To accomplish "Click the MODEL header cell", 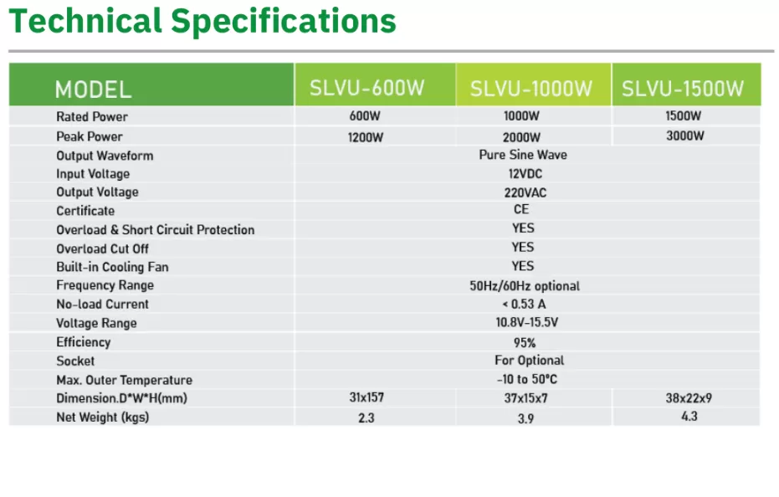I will click(93, 90).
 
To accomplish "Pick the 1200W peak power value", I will click(366, 137).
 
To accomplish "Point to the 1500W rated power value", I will click(684, 116).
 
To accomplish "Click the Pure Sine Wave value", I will click(523, 155).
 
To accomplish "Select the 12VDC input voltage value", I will click(523, 173).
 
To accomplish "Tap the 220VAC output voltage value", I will click(523, 192).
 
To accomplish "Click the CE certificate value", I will click(521, 210).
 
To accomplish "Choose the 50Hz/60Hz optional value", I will click(525, 285).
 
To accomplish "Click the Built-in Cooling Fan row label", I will click(112, 267).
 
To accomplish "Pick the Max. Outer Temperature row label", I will click(124, 380).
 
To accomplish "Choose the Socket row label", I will click(75, 361).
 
